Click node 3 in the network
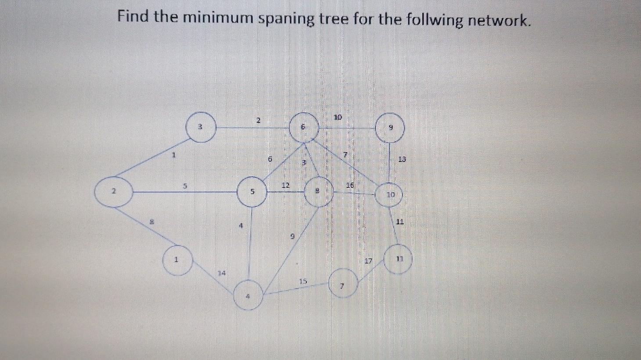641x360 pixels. (x=201, y=127)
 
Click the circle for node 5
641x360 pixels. (x=252, y=192)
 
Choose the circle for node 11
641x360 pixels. (x=398, y=259)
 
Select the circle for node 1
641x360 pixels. (x=177, y=260)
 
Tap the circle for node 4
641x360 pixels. (x=248, y=295)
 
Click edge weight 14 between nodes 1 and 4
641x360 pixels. (x=222, y=273)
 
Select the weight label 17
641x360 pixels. (x=368, y=261)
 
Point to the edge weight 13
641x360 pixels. (x=402, y=159)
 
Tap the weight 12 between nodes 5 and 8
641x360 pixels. (x=285, y=185)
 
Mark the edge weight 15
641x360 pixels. (x=303, y=281)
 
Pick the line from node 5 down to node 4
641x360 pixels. (x=250, y=246)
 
